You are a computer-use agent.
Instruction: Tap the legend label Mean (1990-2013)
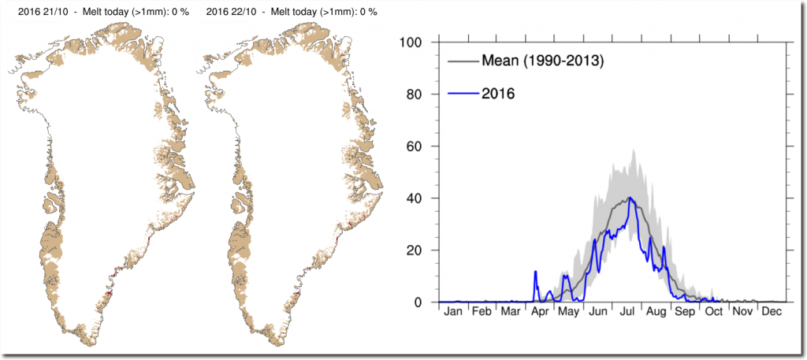[x=542, y=61]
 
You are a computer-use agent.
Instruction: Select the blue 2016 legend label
[x=498, y=94]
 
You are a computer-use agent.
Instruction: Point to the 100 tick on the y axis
[x=413, y=42]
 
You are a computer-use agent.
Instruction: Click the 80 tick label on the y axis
[x=417, y=94]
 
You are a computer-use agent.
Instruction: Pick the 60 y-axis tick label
[x=417, y=146]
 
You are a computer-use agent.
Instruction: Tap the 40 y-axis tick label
[x=417, y=198]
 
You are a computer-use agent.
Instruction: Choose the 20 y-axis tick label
[x=417, y=250]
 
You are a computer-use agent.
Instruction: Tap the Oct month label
[x=714, y=312]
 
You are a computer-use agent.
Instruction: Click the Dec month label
[x=772, y=312]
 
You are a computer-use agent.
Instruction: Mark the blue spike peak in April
[x=536, y=271]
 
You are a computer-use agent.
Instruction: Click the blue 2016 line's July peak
[x=630, y=198]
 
